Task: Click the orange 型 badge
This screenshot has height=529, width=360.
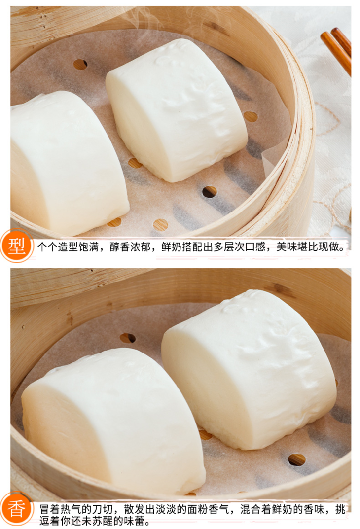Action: (16, 246)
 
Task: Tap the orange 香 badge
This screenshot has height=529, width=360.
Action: (16, 510)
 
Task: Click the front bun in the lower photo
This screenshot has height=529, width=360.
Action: (113, 420)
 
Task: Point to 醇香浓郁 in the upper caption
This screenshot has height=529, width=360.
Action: (130, 247)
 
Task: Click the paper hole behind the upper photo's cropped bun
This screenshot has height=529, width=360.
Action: (80, 64)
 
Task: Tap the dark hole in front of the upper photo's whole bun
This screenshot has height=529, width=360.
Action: (210, 192)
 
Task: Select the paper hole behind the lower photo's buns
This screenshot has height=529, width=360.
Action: (128, 338)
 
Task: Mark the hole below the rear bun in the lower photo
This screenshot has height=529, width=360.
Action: (297, 459)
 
